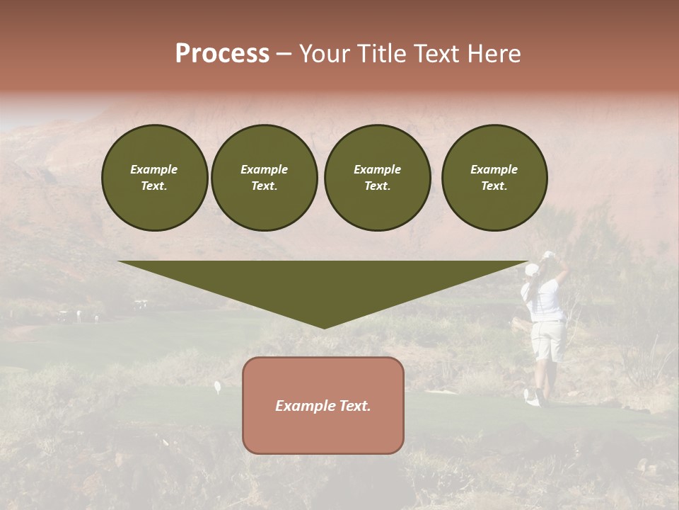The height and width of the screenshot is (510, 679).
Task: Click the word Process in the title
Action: click(222, 54)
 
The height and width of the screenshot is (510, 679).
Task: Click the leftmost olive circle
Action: click(154, 178)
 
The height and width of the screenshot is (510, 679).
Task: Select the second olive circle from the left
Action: click(264, 178)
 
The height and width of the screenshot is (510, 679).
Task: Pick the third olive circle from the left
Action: click(377, 178)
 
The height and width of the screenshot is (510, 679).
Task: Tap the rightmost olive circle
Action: click(494, 178)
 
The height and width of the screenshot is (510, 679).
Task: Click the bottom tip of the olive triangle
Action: click(324, 327)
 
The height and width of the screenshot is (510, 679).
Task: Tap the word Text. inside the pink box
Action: click(356, 406)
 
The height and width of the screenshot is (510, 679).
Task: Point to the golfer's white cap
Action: click(532, 270)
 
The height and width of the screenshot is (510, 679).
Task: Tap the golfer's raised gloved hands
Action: click(549, 255)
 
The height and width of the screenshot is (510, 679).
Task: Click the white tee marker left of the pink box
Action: click(217, 387)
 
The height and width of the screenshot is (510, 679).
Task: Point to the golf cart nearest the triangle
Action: click(141, 305)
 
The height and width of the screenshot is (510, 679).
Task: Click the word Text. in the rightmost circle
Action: click(494, 186)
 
